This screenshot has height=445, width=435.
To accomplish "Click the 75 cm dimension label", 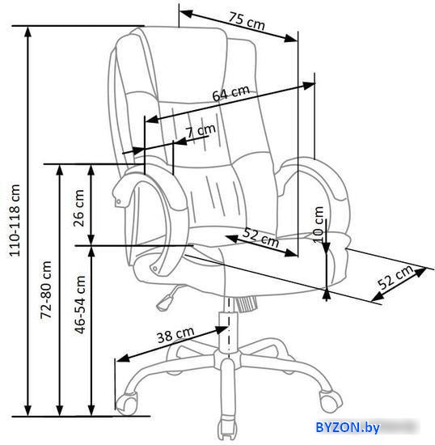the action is pyautogui.click(x=247, y=21).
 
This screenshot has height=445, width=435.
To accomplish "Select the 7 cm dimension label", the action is pyautogui.click(x=201, y=131).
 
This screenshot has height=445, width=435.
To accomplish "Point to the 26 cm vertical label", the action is pyautogui.click(x=78, y=208).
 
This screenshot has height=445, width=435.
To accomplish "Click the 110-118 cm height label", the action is pyautogui.click(x=15, y=221).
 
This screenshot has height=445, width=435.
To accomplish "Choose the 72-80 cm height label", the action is pyautogui.click(x=45, y=290).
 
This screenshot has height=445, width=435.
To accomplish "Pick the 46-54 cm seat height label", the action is pyautogui.click(x=80, y=304).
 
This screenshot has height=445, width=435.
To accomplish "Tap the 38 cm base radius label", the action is pyautogui.click(x=175, y=335).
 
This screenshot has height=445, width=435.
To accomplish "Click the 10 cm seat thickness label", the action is pyautogui.click(x=319, y=224).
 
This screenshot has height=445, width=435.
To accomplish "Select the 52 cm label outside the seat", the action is pyautogui.click(x=395, y=277).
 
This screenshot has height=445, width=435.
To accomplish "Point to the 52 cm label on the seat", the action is pyautogui.click(x=261, y=238).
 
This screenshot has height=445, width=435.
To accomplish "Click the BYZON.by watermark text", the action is pyautogui.click(x=348, y=427).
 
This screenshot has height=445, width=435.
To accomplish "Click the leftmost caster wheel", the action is pyautogui.click(x=126, y=403).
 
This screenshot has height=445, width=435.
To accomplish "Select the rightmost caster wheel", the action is pyautogui.click(x=331, y=401).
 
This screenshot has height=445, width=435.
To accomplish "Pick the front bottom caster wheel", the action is pyautogui.click(x=226, y=430).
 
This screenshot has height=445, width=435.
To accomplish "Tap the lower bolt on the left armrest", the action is pyautogui.click(x=154, y=268).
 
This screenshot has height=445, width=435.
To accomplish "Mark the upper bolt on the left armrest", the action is pyautogui.click(x=119, y=201).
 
